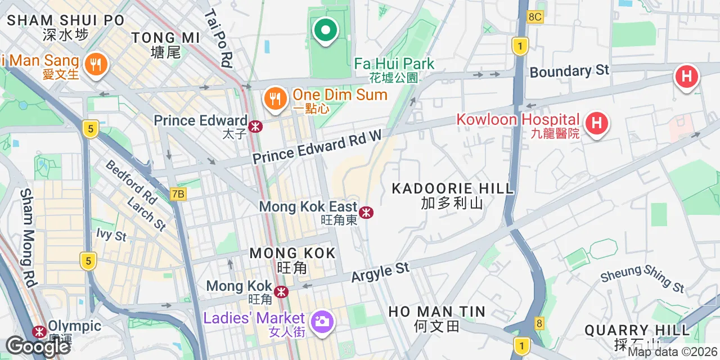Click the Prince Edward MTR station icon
256,126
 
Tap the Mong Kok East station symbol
366,212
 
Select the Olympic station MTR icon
39,332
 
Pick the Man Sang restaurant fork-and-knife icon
96,64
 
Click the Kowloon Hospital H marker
596,123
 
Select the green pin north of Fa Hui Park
325,30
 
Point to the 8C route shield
535,17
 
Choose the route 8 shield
539,323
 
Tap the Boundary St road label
569,71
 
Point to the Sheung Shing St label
642,279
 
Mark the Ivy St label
111,235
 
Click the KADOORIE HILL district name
452,188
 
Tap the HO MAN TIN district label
436,311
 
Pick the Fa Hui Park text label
394,64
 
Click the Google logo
37,346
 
